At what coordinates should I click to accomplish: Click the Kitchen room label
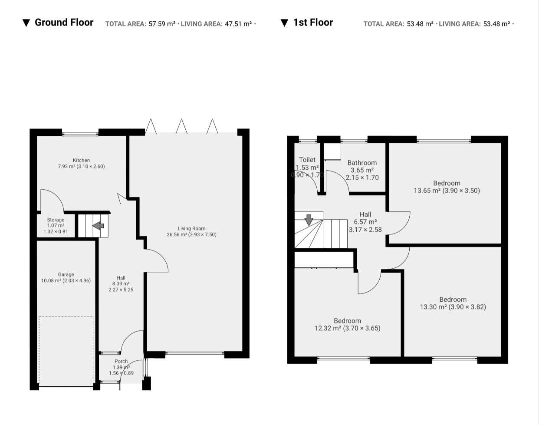pos(81,160)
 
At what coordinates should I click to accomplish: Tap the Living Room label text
pos(192,228)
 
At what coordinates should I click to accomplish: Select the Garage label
pos(66,274)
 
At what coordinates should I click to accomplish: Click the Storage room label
pos(56,220)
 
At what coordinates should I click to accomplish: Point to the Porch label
pos(121,361)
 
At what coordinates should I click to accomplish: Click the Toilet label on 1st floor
pos(307,160)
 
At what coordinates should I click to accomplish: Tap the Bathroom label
pos(362,163)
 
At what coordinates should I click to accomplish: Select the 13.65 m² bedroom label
pos(447,187)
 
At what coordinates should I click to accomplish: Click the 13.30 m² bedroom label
pos(453,303)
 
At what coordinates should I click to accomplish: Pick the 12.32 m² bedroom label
pos(347,325)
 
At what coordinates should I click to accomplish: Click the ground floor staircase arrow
pos(98,226)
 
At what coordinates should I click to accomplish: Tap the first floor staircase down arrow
pos(309,220)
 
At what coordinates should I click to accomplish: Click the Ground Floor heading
pos(64,22)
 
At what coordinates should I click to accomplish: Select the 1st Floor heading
pos(313,22)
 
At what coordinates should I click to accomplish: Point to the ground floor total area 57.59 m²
pos(162,24)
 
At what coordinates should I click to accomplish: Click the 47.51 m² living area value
pos(238,24)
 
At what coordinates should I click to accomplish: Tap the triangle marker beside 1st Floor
pos(284,23)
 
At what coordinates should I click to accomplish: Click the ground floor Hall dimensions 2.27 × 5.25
pos(121,290)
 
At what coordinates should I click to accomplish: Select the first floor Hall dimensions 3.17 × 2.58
pos(365,230)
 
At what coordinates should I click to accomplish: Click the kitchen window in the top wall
pos(80,134)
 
